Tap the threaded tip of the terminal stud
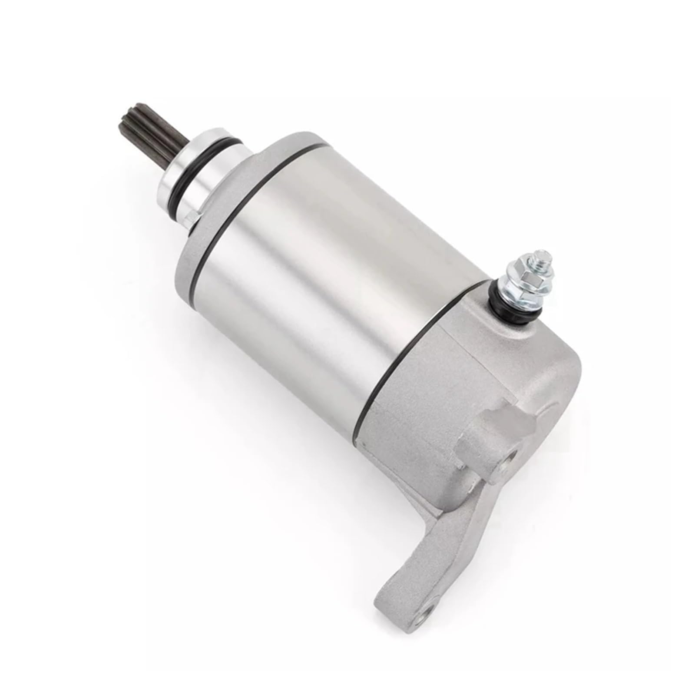coord(536,255)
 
